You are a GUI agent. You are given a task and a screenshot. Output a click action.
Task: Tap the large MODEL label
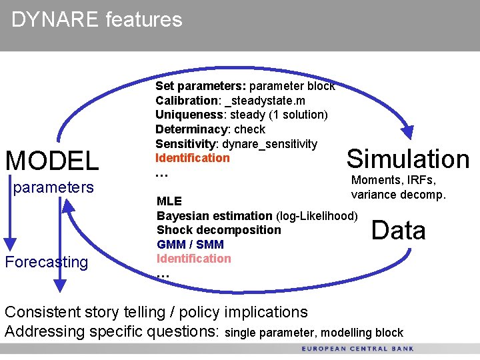coord(52,161)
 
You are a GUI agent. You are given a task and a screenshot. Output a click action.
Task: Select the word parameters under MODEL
coord(53,187)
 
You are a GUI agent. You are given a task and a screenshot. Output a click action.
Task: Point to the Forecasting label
coord(46,262)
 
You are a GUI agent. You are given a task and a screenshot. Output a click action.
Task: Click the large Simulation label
coord(408,159)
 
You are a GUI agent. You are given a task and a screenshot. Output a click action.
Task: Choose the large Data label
coord(398,230)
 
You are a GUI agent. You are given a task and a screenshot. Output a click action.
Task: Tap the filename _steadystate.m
coord(267,100)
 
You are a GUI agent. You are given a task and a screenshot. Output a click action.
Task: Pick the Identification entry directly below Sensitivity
coord(192,158)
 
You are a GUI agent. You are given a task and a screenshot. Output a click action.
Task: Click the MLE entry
coord(169,201)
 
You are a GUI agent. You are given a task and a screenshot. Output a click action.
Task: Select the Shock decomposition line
coord(219,230)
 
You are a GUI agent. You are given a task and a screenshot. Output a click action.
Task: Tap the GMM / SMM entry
coord(190,245)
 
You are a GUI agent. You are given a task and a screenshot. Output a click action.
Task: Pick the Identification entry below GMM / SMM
coord(193,259)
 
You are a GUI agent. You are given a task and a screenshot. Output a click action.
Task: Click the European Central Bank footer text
coord(357,349)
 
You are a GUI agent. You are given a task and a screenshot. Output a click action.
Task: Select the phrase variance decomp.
coord(399,195)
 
